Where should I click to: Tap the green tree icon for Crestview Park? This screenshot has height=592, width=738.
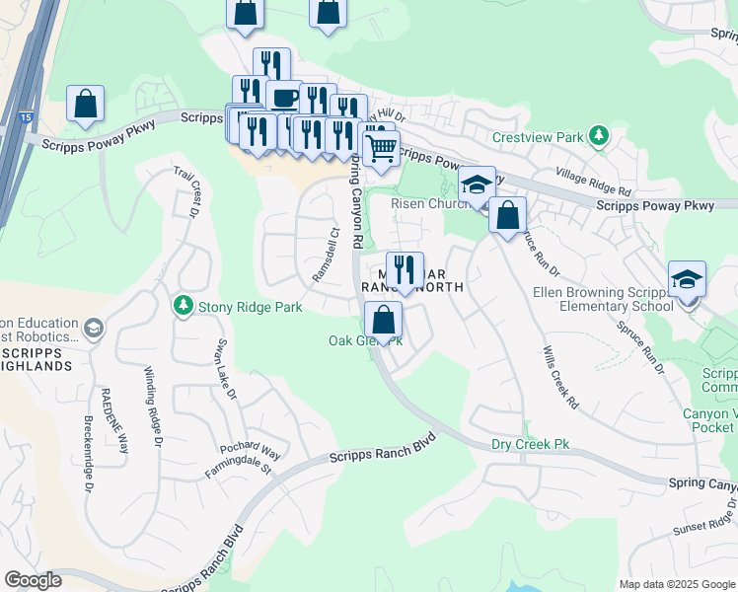(x=597, y=135)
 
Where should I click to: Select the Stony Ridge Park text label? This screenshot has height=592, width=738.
(x=250, y=307)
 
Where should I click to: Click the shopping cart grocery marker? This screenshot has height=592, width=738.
(x=380, y=148)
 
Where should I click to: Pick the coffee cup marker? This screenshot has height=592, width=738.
(x=284, y=97)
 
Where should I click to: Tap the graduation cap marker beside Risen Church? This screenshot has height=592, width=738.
(x=476, y=185)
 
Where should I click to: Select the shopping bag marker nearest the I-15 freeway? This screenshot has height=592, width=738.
(x=86, y=103)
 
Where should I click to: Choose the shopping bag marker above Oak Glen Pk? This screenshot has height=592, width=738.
(x=383, y=320)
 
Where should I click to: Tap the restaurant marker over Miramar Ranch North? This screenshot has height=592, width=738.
(x=405, y=269)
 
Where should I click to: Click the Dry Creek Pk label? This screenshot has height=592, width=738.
(x=531, y=445)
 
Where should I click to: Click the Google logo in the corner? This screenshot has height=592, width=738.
(x=34, y=580)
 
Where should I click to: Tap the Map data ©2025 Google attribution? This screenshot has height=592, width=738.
(x=677, y=584)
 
